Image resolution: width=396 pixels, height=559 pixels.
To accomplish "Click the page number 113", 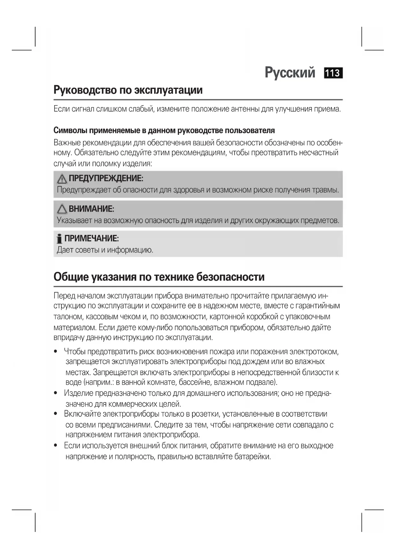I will point(333,73).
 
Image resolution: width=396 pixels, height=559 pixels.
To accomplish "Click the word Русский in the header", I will point(290,73).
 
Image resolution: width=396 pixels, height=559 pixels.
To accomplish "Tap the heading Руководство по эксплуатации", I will point(128,90).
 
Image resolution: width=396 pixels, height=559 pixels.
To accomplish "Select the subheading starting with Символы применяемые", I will point(164,130).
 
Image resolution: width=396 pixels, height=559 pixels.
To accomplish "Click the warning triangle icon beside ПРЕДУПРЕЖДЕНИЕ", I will point(62,179).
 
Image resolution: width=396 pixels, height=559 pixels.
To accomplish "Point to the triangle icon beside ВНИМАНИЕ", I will point(62,209).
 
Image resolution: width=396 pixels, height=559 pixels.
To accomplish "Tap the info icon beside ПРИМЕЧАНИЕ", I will point(59,239).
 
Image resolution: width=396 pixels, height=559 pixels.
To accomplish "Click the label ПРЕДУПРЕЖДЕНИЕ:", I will point(106,178).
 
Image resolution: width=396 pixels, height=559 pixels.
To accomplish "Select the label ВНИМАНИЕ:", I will point(91,209).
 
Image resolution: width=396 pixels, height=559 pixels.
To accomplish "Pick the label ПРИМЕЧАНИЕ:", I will point(92,238).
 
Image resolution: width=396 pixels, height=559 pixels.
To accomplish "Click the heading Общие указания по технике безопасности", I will point(159,277).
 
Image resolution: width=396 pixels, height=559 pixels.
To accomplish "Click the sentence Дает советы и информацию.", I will point(105,250).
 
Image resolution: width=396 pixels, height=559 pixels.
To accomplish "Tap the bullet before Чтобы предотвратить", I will point(56,352).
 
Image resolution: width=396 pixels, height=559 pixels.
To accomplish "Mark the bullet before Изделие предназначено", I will point(56,393).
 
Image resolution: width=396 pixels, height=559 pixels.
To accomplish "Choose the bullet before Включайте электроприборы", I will point(56,414).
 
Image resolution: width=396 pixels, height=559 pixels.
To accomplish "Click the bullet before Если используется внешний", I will point(56,446).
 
